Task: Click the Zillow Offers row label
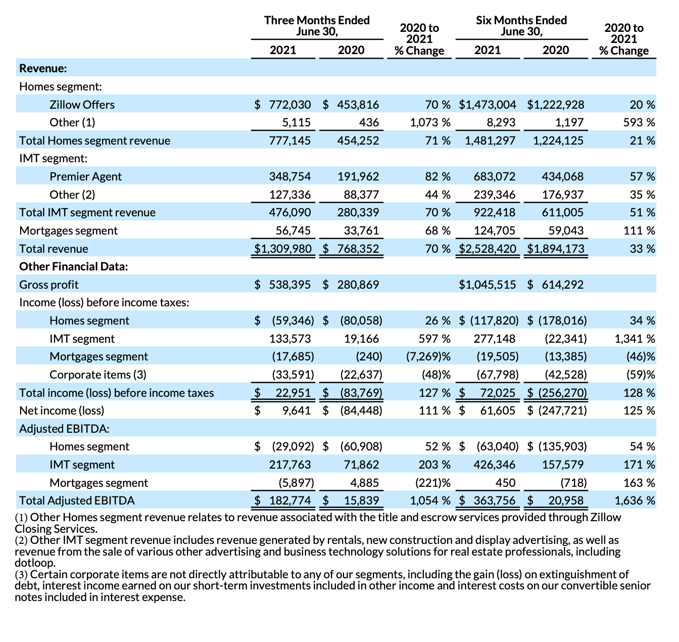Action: pos(82,105)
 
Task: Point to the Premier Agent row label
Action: pos(85,176)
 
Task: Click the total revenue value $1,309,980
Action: pos(283,249)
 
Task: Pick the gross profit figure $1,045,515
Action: pos(488,285)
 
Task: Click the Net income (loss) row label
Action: pos(62,410)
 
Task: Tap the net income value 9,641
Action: pos(297,410)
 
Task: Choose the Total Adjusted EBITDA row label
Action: pos(77,500)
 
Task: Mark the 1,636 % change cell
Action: pos(635,500)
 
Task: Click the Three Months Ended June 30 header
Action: pos(317,26)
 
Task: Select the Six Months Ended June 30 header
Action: pos(521,26)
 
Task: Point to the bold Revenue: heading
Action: pos(43,68)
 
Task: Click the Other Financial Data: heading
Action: pos(73,266)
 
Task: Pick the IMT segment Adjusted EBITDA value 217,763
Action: pos(289,465)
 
